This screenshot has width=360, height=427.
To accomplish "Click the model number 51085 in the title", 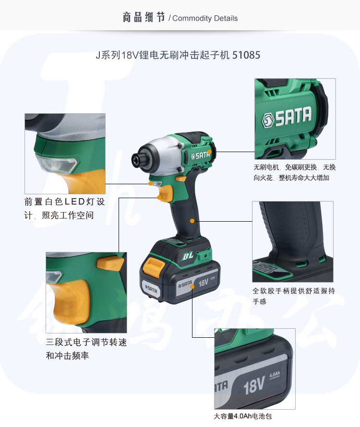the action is (x=246, y=55).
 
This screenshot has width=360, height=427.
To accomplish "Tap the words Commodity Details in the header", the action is (x=205, y=18).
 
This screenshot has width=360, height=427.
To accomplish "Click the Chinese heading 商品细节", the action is (x=144, y=17).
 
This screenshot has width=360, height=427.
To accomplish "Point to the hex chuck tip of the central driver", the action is (x=137, y=158).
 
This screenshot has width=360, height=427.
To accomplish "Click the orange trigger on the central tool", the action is (x=166, y=192).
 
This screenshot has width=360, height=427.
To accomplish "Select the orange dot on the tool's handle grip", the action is (x=192, y=221).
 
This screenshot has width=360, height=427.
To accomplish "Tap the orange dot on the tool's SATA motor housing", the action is (x=209, y=152).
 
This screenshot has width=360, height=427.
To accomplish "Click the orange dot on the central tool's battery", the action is (x=192, y=286).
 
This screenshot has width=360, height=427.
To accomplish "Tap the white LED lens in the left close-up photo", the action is (x=57, y=164).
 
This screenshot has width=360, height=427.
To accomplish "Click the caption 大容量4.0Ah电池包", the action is (x=242, y=416).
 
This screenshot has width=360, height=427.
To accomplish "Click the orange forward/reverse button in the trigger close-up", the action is (x=110, y=263).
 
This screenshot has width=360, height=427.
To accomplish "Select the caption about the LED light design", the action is (x=64, y=208).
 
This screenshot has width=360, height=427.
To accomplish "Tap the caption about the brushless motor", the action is (x=294, y=172).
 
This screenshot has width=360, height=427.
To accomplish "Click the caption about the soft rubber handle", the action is (x=293, y=296).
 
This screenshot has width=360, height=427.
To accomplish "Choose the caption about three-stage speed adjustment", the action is (x=86, y=349).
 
